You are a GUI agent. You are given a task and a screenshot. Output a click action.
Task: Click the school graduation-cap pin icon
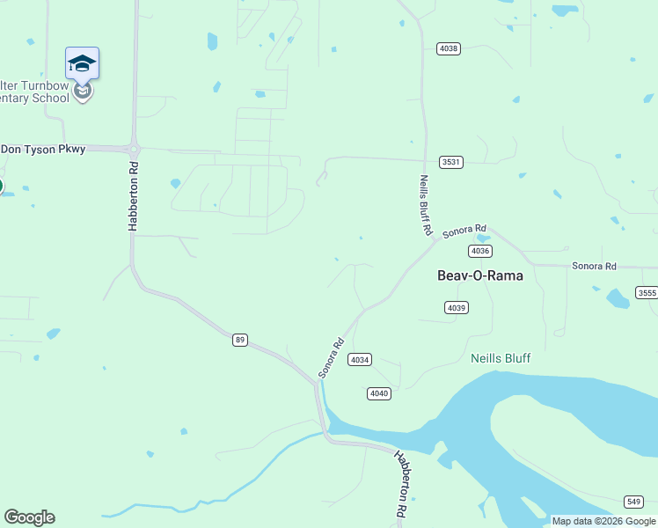click(x=82, y=63)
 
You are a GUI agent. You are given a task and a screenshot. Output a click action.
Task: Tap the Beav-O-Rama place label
click(x=480, y=275)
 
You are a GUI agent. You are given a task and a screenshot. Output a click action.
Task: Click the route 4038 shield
click(x=448, y=48)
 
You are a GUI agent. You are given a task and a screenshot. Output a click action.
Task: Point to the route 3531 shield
click(x=451, y=162)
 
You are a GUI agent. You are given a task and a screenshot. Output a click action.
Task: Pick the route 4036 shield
click(x=479, y=251)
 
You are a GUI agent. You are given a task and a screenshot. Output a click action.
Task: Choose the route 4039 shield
click(x=457, y=307)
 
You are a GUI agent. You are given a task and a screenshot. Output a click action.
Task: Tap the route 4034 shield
click(x=360, y=359)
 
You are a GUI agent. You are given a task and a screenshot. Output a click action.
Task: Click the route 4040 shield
click(x=379, y=393)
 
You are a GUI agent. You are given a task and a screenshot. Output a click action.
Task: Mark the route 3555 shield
click(x=647, y=292)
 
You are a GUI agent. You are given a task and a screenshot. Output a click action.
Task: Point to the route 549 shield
click(x=633, y=502)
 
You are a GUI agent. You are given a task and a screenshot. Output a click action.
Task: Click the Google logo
click(x=29, y=517)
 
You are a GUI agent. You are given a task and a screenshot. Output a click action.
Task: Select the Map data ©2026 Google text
click(x=603, y=521)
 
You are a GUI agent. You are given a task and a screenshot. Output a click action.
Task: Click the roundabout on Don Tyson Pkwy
click(x=135, y=148)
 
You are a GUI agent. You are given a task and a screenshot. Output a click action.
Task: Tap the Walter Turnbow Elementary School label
click(x=35, y=92)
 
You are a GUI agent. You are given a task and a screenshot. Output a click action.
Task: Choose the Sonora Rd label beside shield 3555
click(x=595, y=266)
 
